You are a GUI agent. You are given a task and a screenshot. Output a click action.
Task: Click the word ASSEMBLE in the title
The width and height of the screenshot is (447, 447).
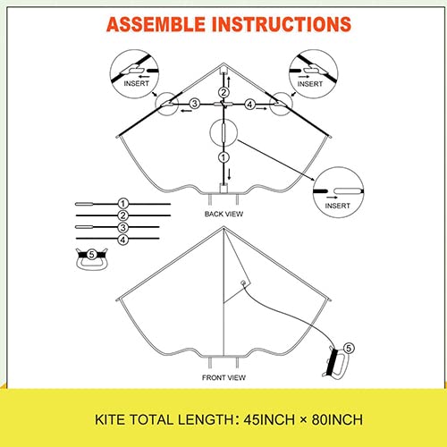pyautogui.click(x=156, y=24)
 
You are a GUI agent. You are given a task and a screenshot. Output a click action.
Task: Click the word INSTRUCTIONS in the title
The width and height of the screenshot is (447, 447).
pyautogui.click(x=282, y=24)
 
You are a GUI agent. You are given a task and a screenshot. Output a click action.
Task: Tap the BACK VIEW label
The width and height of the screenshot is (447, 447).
pyautogui.click(x=223, y=214)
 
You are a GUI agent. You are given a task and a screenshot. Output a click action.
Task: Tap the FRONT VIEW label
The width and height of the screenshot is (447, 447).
pyautogui.click(x=223, y=377)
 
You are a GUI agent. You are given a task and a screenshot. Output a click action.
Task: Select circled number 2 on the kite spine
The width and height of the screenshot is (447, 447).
pyautogui.click(x=223, y=92)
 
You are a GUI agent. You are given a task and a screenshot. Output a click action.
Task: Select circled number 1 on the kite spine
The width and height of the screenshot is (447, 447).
pyautogui.click(x=223, y=157)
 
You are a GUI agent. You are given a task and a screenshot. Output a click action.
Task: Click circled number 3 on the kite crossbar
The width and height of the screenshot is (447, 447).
pyautogui.click(x=195, y=104)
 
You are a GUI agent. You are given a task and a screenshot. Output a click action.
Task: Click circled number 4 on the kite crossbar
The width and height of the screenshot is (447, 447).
pyautogui.click(x=249, y=105)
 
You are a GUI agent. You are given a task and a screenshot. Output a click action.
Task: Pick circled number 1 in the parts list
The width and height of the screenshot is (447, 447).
pyautogui.click(x=123, y=204)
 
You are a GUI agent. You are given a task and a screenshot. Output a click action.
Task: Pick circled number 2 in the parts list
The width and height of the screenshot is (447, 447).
pyautogui.click(x=123, y=215)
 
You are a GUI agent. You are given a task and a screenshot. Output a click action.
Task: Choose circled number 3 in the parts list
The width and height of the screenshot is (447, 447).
pyautogui.click(x=123, y=227)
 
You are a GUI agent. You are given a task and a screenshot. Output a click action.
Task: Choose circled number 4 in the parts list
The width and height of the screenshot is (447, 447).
pyautogui.click(x=123, y=240)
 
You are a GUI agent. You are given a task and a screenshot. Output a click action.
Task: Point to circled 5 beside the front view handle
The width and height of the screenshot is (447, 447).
pyautogui.click(x=349, y=348)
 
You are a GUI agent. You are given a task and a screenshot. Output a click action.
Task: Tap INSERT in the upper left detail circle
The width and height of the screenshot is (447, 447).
pyautogui.click(x=136, y=83)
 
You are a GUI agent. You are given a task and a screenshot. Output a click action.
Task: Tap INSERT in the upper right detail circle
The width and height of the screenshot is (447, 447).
pyautogui.click(x=310, y=84)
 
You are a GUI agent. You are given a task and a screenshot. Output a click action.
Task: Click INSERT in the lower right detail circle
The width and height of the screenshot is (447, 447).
pyautogui.click(x=337, y=206)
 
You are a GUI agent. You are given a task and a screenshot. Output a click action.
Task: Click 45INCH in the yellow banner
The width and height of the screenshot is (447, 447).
pyautogui.click(x=269, y=420)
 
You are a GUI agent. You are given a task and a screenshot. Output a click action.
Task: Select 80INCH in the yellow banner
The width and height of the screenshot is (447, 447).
pyautogui.click(x=337, y=420)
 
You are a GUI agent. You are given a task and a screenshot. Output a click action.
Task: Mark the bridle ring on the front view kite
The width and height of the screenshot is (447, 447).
pyautogui.click(x=244, y=283)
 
